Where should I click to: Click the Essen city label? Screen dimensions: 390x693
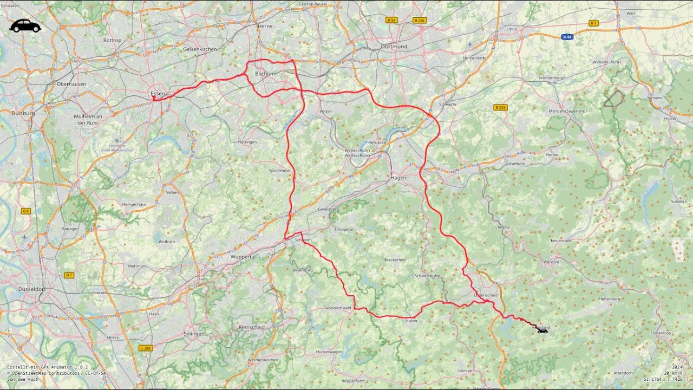pos(158,94)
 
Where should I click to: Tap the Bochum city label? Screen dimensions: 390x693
pos(265,74)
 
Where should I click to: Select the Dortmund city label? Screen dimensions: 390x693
pos(394,47)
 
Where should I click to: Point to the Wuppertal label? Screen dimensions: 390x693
pos(243,257)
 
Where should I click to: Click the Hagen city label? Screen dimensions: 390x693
pos(398,177)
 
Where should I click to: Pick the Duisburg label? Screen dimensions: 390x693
pos(23,113)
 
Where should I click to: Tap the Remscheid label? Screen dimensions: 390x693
pos(252,327)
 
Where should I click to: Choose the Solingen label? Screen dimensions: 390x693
pos(194,334)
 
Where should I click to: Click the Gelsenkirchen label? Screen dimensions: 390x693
pos(200,49)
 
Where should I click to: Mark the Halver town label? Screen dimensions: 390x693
pos(411,321)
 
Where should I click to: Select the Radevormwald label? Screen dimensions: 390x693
pos(337,308)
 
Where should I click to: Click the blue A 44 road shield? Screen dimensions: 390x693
pos(567,37)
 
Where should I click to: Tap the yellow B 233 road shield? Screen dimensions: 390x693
pos(500,108)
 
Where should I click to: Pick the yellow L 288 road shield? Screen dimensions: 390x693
pos(145,348)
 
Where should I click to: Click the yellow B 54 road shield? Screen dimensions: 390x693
pos(391,20)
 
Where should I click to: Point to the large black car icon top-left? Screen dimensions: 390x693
pos(25,25)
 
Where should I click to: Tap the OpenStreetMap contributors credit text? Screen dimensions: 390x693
pos(56,373)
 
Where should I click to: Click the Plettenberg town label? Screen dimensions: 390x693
pos(609,299)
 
